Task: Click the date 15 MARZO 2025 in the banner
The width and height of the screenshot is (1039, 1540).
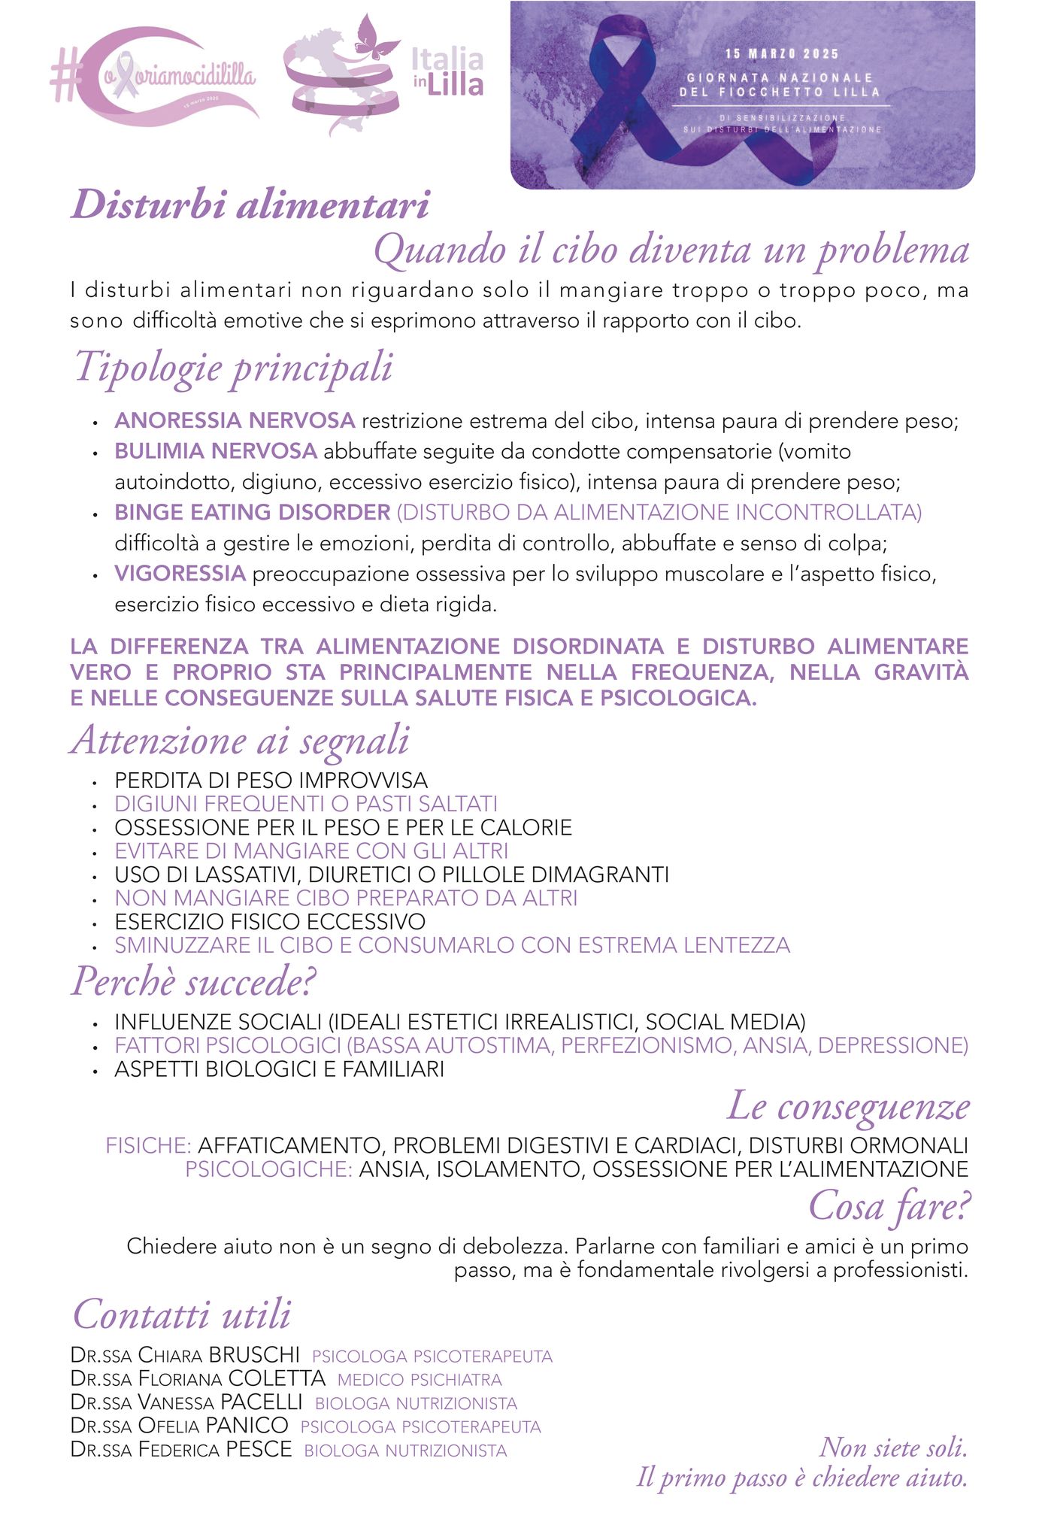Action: (x=782, y=54)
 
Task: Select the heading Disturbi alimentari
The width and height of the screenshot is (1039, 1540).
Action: (x=250, y=205)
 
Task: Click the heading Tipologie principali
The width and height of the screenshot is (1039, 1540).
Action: (x=233, y=368)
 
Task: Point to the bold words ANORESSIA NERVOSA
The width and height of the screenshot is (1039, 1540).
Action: (x=235, y=420)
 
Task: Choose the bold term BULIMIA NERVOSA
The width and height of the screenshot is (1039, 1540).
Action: (x=216, y=451)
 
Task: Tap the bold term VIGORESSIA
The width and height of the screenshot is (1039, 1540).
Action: (x=180, y=574)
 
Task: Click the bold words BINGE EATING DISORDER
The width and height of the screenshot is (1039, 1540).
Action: (x=252, y=513)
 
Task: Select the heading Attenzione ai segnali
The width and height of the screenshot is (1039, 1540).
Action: (x=241, y=741)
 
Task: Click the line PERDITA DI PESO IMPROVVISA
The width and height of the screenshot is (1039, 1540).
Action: (x=271, y=781)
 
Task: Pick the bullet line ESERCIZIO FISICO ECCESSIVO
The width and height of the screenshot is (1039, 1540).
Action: (x=270, y=922)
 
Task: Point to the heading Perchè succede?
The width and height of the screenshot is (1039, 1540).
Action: (x=194, y=982)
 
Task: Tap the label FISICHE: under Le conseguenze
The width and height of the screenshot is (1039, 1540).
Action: (x=149, y=1146)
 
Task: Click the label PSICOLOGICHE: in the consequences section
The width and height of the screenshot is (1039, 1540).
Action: (x=268, y=1169)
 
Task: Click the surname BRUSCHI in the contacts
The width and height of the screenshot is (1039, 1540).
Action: (x=254, y=1355)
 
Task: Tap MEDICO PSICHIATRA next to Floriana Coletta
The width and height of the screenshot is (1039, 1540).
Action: (x=420, y=1380)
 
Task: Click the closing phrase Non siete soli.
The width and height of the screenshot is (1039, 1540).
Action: (x=893, y=1448)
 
